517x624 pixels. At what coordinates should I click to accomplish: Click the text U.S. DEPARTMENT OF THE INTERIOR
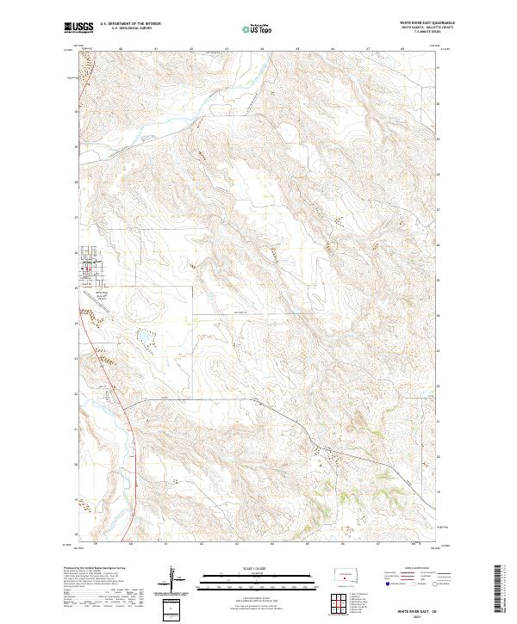click(x=130, y=23)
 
